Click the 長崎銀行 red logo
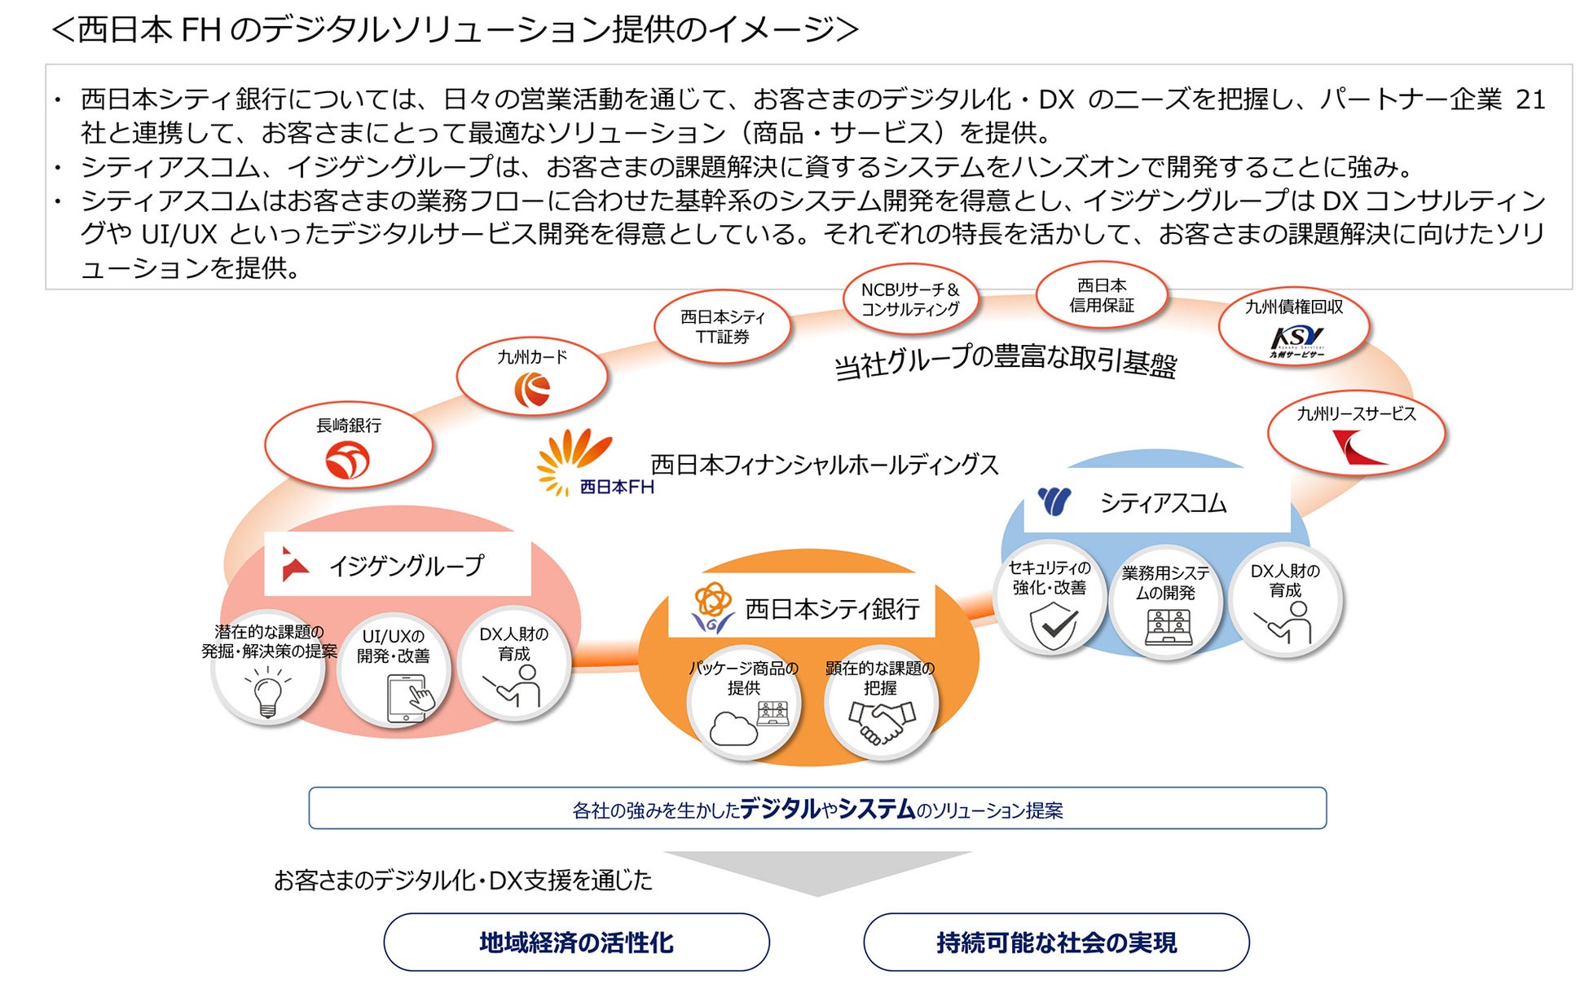pyautogui.click(x=347, y=460)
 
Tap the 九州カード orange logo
pyautogui.click(x=532, y=389)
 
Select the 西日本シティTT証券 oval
pyautogui.click(x=722, y=327)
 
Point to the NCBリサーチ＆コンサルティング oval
pyautogui.click(x=909, y=299)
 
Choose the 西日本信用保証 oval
pyautogui.click(x=1101, y=295)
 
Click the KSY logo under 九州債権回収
pyautogui.click(x=1296, y=339)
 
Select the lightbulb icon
pyautogui.click(x=267, y=693)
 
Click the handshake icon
pyautogui.click(x=881, y=722)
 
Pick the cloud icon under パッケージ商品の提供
pyautogui.click(x=733, y=727)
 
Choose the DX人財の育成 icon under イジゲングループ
pyautogui.click(x=515, y=686)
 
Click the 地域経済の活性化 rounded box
pyautogui.click(x=576, y=943)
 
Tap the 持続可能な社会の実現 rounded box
pyautogui.click(x=1056, y=943)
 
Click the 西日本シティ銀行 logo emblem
pyautogui.click(x=711, y=607)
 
